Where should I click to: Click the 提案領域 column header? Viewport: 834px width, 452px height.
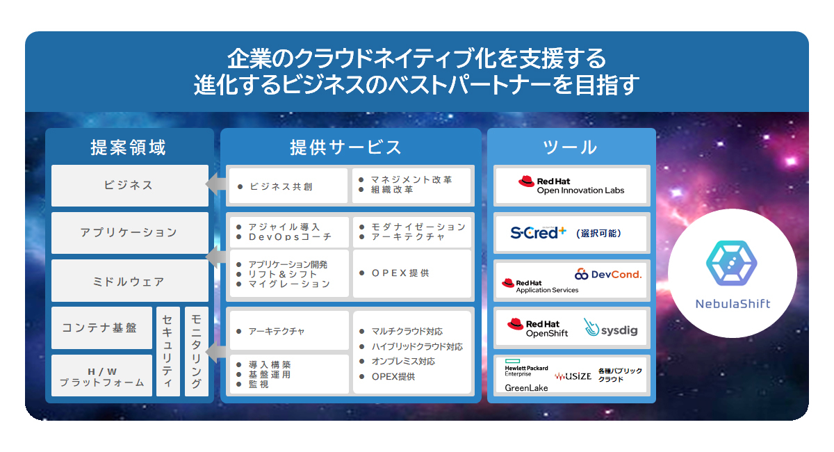tap(129, 147)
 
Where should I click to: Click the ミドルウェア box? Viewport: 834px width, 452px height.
tap(129, 282)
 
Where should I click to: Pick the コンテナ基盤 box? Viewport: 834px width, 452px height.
tap(101, 328)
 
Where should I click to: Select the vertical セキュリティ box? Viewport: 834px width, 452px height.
tap(167, 351)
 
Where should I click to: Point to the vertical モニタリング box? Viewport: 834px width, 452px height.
tap(197, 351)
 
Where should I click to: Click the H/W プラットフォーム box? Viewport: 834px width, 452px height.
tap(101, 376)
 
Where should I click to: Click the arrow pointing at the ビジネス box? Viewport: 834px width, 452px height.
tap(214, 185)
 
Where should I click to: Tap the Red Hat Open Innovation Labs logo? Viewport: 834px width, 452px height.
tap(571, 185)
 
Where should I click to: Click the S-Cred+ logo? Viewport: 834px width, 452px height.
tap(538, 233)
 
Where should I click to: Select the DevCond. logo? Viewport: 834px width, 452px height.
tap(609, 274)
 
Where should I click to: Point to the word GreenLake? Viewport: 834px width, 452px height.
tap(526, 387)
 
